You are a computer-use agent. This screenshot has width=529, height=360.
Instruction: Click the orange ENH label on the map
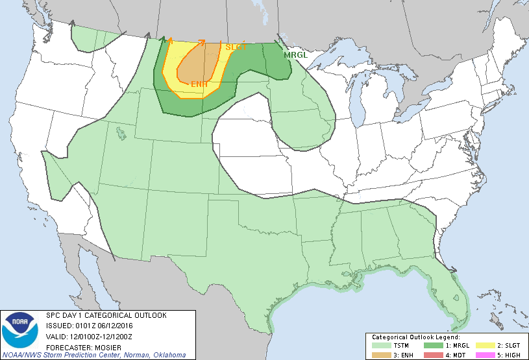(199, 84)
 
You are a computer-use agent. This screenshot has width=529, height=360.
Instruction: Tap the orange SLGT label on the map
(236, 47)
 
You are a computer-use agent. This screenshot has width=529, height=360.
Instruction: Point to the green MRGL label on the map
(295, 55)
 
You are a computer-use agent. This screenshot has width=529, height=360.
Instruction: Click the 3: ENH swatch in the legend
(380, 354)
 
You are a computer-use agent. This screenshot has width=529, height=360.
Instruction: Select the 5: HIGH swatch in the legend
(481, 354)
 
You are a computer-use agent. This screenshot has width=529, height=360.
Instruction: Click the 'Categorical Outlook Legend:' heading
(415, 338)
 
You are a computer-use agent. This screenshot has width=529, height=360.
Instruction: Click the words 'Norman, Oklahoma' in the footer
(155, 355)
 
